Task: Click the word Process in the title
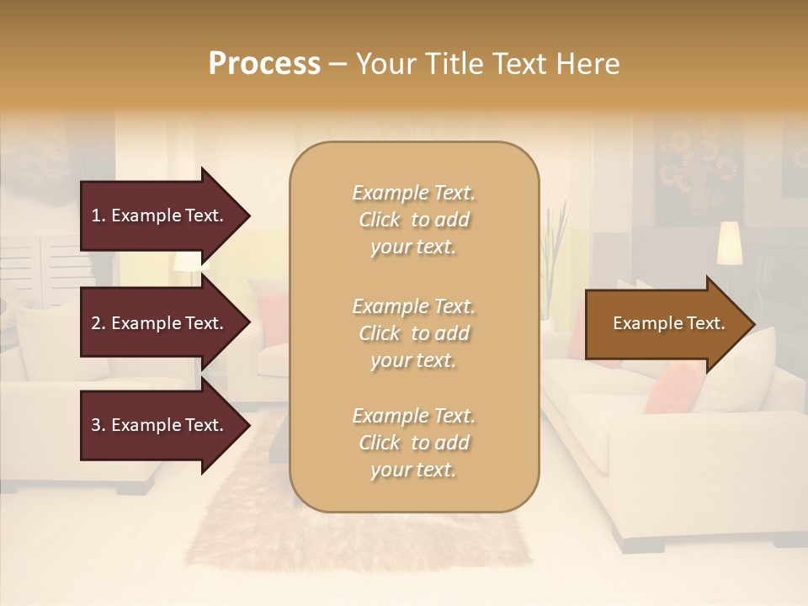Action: coord(264,64)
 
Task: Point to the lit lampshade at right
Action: coord(729,242)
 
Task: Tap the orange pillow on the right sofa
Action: coord(673,387)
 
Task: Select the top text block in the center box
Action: coord(413,220)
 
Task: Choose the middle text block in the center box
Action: coord(413,333)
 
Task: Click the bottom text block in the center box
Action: coord(413,443)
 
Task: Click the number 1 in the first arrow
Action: coord(95,215)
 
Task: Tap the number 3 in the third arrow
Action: coord(95,425)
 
